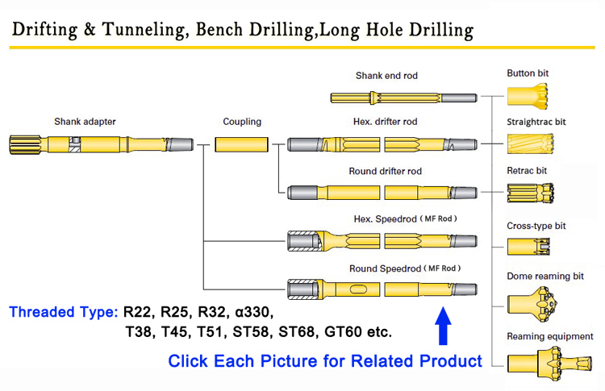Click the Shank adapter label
point(85,123)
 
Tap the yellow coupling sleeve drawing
point(242,145)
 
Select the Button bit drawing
point(528,98)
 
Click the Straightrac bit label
point(536,122)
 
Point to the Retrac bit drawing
point(528,195)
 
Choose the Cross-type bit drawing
point(528,246)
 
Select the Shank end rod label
point(386,77)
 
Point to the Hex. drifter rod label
point(386,123)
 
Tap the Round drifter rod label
point(385,172)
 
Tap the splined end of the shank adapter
point(23,146)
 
